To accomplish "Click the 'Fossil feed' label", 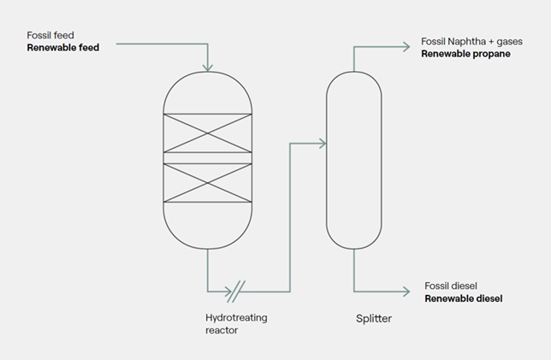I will [51, 35].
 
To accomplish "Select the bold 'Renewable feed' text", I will [63, 48].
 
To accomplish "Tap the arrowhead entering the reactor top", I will [208, 67].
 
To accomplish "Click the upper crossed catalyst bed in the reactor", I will [208, 131].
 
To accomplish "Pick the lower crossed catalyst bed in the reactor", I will [208, 182].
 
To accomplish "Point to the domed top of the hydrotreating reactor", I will [208, 90].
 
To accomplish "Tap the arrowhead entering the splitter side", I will [322, 144].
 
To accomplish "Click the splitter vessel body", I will [353, 158].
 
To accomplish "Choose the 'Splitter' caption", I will [373, 319].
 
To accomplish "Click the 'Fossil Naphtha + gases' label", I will [471, 40].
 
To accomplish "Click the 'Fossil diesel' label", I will [453, 285].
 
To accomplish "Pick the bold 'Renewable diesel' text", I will [463, 298].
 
